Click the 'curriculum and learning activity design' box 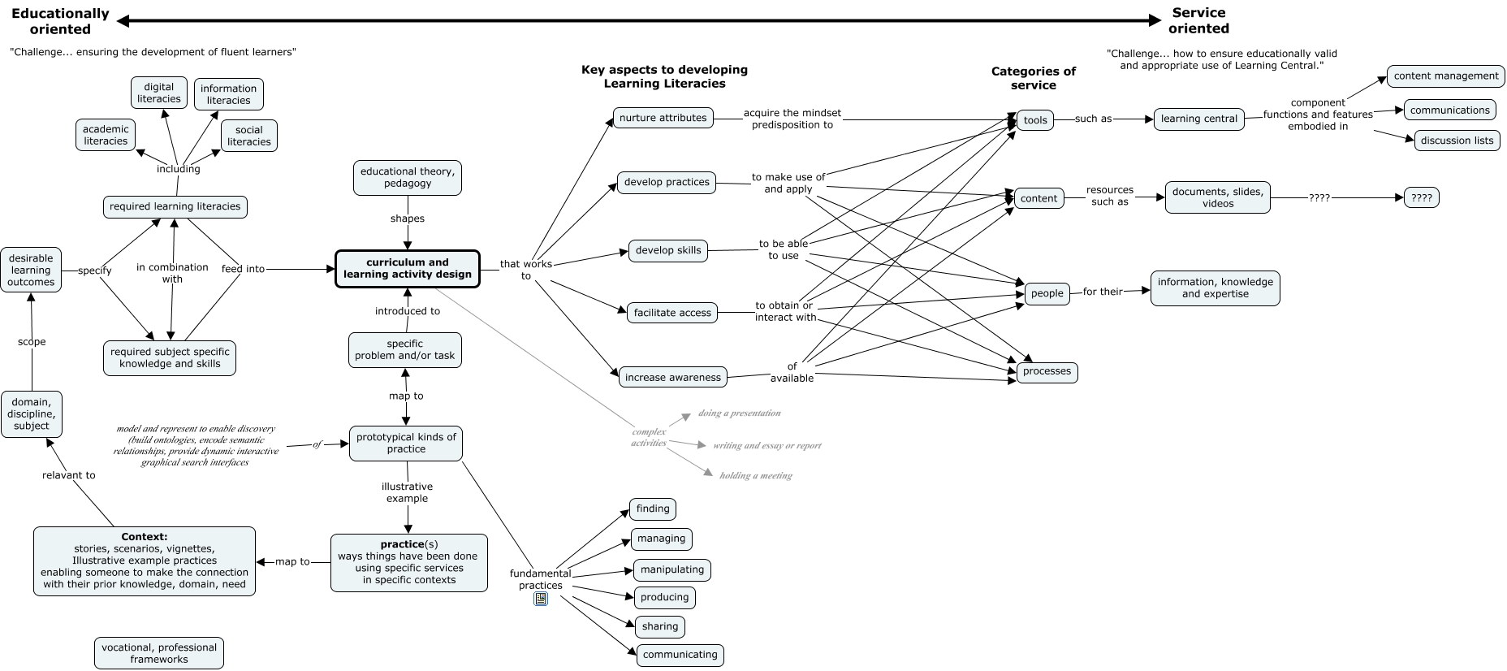[408, 269]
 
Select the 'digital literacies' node [159, 93]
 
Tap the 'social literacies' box [249, 136]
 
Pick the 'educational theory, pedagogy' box [408, 177]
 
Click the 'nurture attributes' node [663, 118]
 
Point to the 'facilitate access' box [672, 313]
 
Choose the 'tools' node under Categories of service [1035, 120]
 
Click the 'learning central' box [1198, 119]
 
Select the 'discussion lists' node [1457, 141]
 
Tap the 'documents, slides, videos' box [1217, 197]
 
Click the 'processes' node [1047, 371]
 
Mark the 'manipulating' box [672, 569]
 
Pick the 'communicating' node [680, 655]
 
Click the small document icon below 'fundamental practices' [541, 599]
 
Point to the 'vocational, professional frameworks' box [159, 653]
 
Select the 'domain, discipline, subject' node [32, 413]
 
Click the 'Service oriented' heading [1198, 20]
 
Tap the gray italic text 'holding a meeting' [755, 476]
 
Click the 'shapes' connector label [408, 219]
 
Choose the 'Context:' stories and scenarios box [145, 561]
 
